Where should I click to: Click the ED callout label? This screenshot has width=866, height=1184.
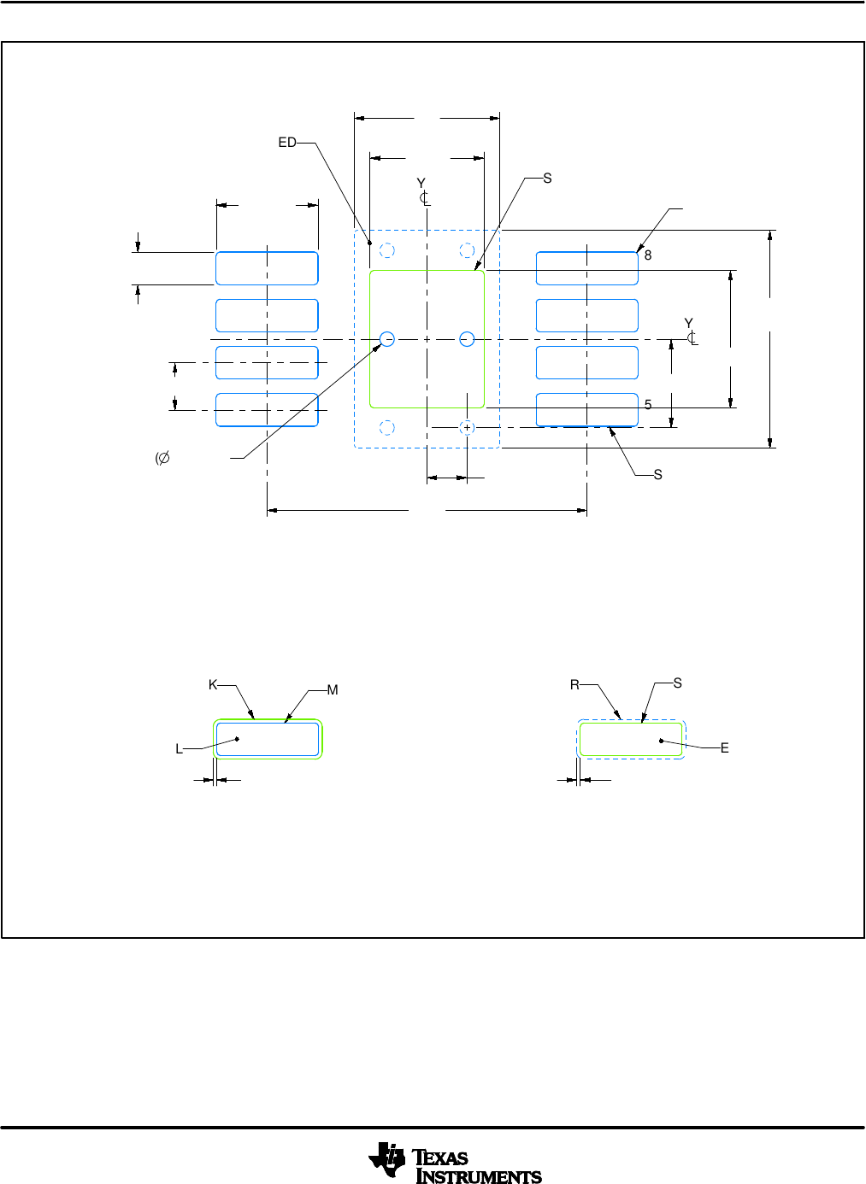pos(287,143)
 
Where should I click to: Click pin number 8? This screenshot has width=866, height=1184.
pos(647,255)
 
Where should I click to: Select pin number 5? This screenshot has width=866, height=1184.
pos(647,405)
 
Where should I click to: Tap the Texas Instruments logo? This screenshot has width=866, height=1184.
pos(455,1163)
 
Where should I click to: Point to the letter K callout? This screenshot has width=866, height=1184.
pos(213,685)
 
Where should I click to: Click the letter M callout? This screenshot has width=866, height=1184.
pos(333,690)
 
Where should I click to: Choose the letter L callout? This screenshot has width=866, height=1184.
pos(179,749)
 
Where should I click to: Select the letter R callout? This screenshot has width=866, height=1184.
pos(574,685)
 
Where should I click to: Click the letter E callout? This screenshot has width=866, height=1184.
pos(725,748)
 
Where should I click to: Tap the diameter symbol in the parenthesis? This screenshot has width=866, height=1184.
pos(164,458)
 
